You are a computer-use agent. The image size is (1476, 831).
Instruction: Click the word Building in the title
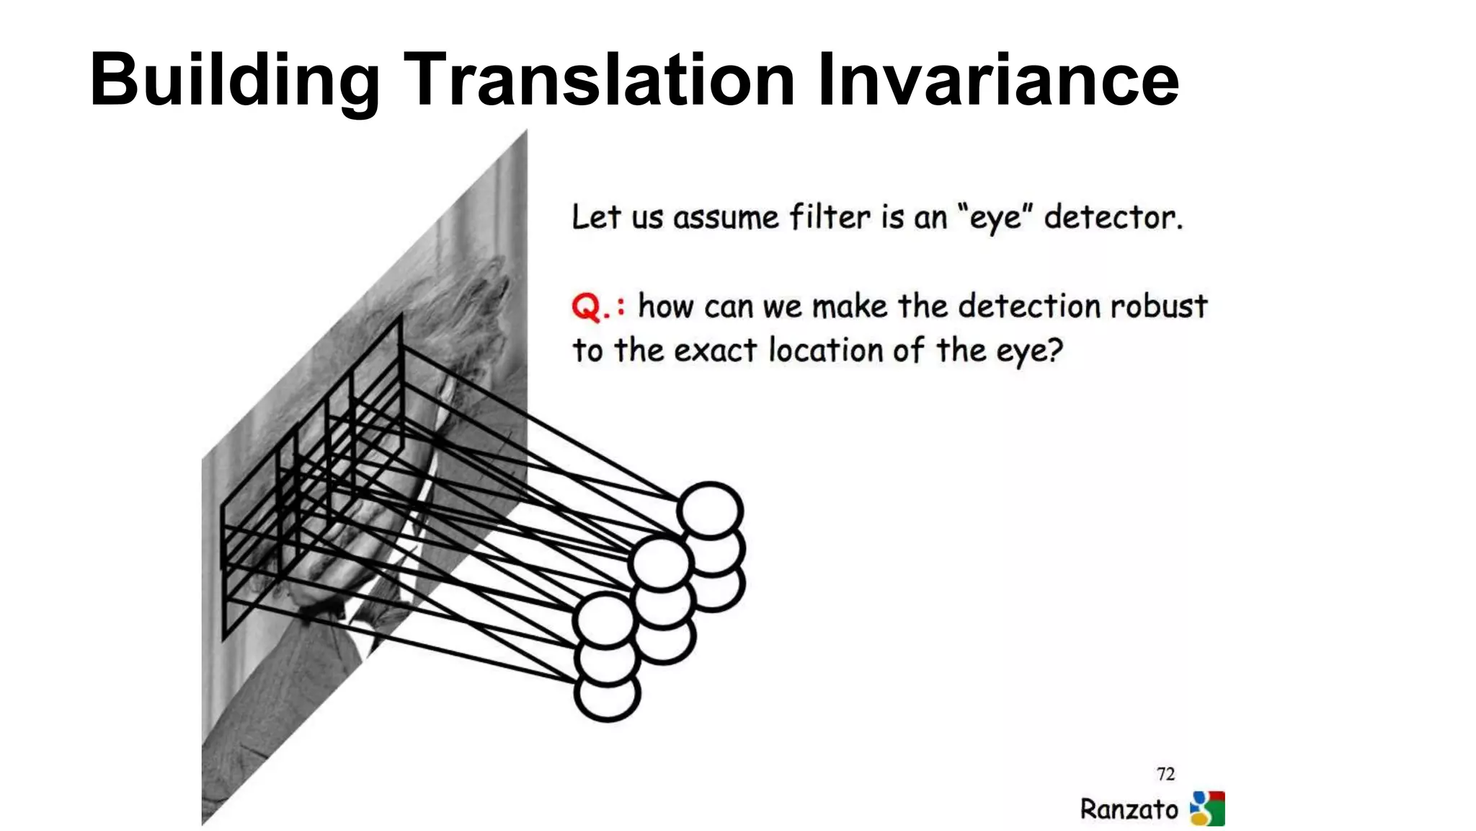[x=234, y=81]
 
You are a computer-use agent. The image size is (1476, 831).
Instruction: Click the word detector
[x=1113, y=216]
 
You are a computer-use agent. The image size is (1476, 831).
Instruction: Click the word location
[x=826, y=351]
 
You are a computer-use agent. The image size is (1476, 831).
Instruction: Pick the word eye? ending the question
[x=1029, y=352]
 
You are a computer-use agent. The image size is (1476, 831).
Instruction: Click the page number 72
[x=1165, y=774]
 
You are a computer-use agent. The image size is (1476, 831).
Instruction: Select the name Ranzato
[x=1129, y=809]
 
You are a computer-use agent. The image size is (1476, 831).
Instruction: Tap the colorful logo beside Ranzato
[x=1207, y=808]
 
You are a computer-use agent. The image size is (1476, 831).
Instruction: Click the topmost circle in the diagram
[x=710, y=510]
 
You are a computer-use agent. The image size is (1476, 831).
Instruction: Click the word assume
[x=726, y=218]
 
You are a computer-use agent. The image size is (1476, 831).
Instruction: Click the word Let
[x=595, y=216]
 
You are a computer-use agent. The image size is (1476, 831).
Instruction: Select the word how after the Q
[x=667, y=306]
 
